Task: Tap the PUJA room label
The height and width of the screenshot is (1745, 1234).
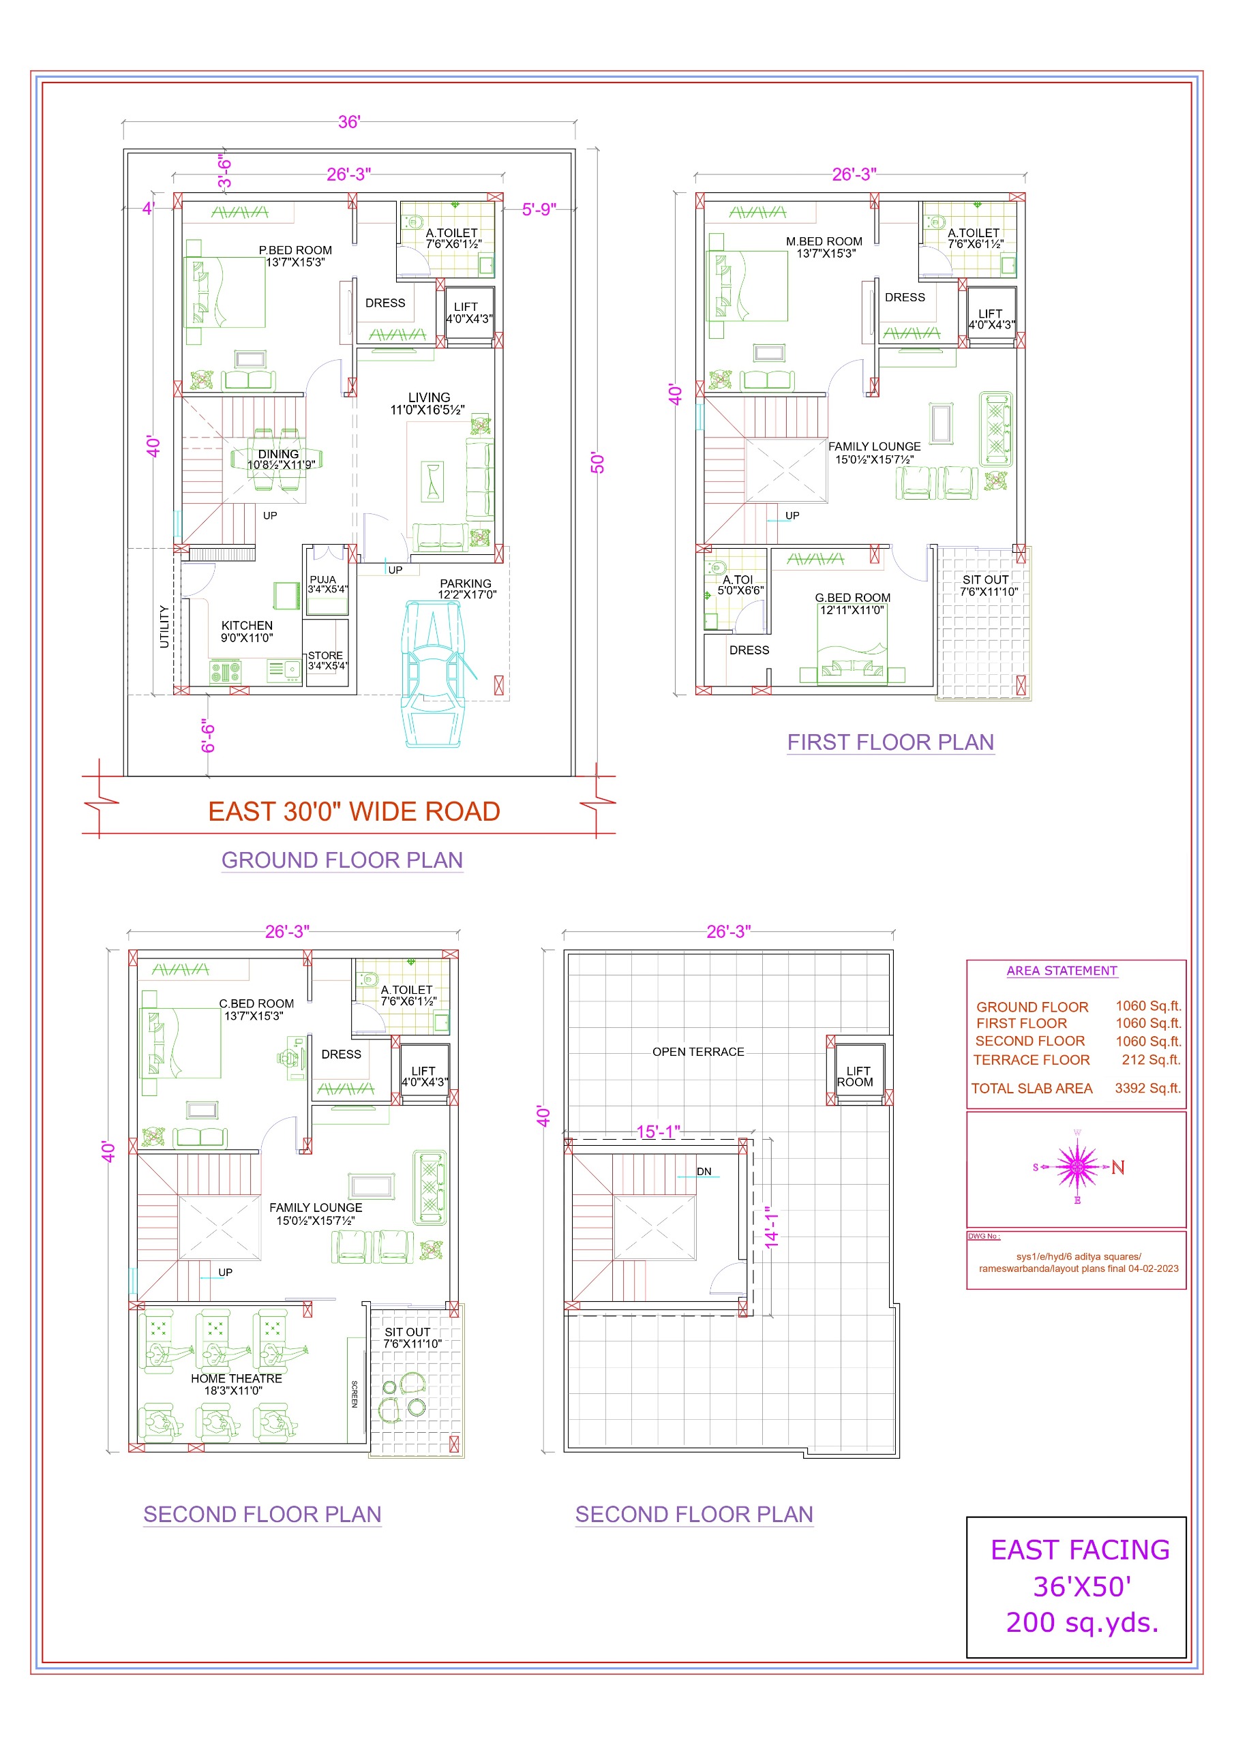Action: (x=323, y=579)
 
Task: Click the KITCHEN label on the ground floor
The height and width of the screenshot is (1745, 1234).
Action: (x=247, y=626)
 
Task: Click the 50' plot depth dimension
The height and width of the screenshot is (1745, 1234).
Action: (x=598, y=463)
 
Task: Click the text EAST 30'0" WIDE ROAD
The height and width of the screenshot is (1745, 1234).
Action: (x=354, y=812)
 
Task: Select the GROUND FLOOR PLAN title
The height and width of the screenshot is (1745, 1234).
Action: (x=342, y=860)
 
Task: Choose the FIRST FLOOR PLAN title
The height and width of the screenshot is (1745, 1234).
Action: (x=890, y=742)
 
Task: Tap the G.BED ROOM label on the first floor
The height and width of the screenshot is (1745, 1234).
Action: (x=852, y=598)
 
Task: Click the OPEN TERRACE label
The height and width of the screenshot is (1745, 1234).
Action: (x=697, y=1052)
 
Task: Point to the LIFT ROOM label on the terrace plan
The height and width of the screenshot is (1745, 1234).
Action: (x=856, y=1076)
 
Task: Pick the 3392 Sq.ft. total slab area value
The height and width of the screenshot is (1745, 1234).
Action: (x=1147, y=1089)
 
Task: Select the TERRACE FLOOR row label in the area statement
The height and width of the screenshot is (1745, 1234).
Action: (x=1031, y=1059)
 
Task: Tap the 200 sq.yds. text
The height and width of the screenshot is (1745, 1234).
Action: (x=1081, y=1622)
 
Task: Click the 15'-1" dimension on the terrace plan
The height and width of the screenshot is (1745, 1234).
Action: (x=658, y=1132)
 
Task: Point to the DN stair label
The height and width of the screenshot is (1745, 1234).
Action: (x=704, y=1171)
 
